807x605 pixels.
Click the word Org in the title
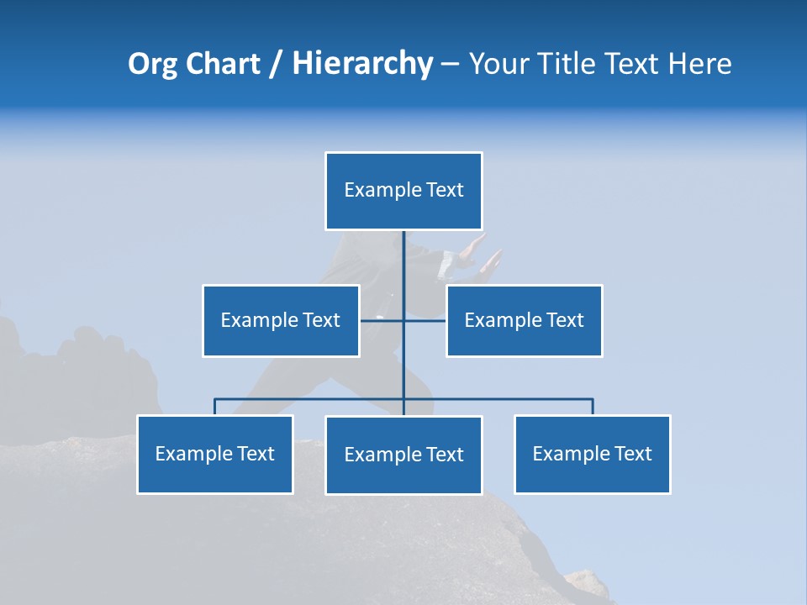(x=152, y=64)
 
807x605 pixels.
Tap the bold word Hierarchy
(x=362, y=64)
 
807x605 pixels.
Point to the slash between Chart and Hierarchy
(x=277, y=65)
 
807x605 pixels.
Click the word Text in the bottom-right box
(x=633, y=454)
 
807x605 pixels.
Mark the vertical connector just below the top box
(x=403, y=256)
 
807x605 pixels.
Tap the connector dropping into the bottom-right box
(x=593, y=407)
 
